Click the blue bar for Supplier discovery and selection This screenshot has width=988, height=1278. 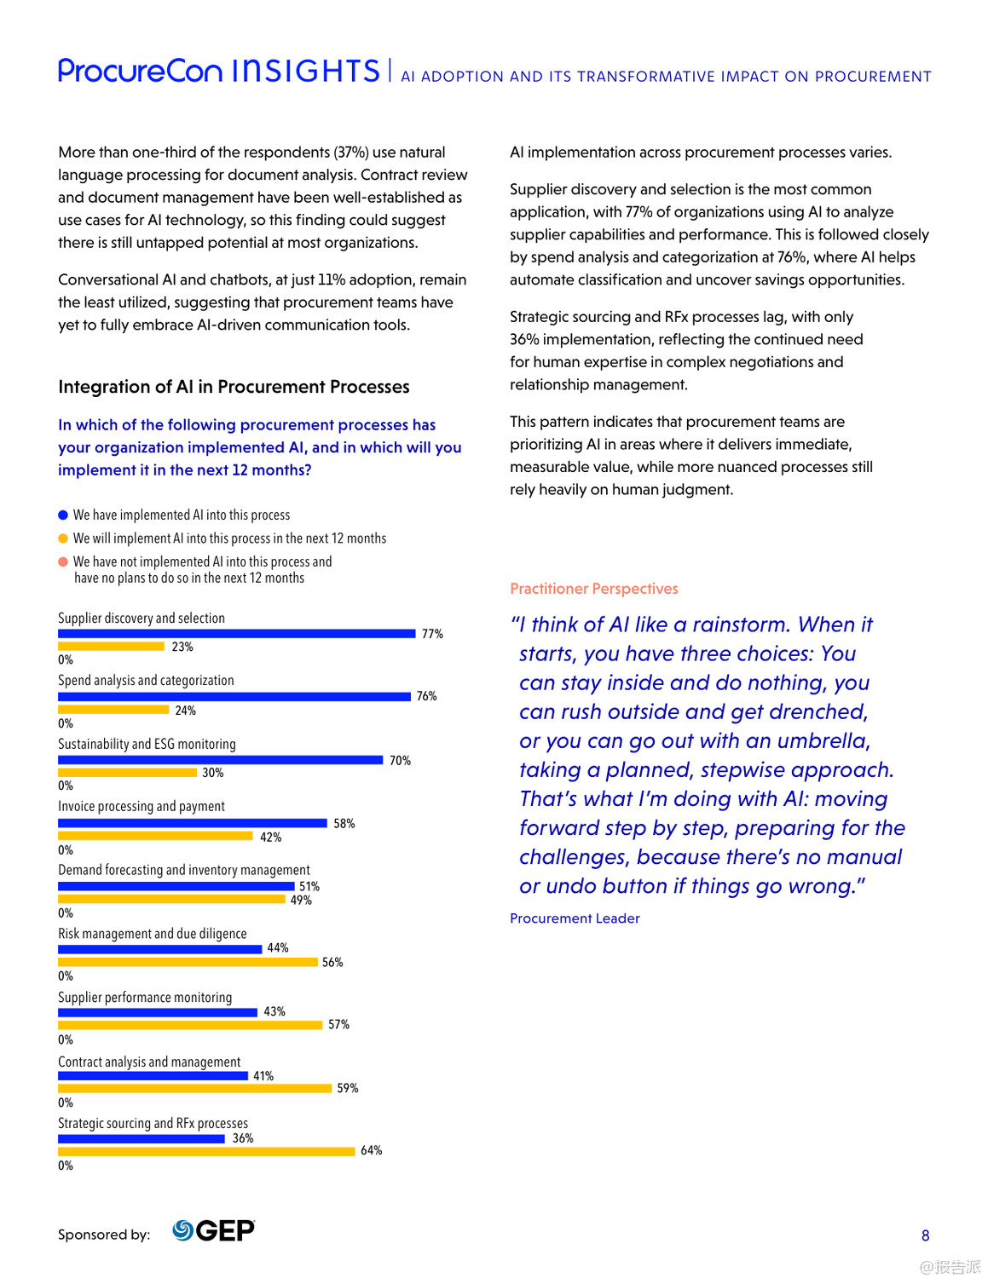click(x=236, y=633)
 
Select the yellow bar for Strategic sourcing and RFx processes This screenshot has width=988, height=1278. click(x=206, y=1151)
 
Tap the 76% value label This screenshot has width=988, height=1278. click(x=426, y=696)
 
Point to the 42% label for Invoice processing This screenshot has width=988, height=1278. click(x=270, y=837)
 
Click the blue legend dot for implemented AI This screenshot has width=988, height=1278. click(x=63, y=515)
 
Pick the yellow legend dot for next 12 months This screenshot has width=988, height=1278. click(x=63, y=538)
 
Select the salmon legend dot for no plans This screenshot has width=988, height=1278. click(x=63, y=561)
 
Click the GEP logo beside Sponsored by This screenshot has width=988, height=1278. click(x=213, y=1230)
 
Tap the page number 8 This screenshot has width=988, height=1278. click(x=925, y=1235)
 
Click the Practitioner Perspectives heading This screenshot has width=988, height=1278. click(x=593, y=589)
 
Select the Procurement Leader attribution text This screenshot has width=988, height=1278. click(x=575, y=918)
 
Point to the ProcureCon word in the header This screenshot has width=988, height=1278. click(x=140, y=71)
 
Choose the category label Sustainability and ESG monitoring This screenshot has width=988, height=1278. click(x=147, y=744)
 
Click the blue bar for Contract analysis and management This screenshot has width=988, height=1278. click(x=153, y=1075)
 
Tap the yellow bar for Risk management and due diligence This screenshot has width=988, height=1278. click(x=188, y=962)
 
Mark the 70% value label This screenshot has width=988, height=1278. click(x=400, y=760)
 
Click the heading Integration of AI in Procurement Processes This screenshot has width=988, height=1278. click(x=234, y=387)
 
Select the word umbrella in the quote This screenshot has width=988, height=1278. click(x=822, y=741)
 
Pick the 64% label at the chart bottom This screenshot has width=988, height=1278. click(x=371, y=1150)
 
